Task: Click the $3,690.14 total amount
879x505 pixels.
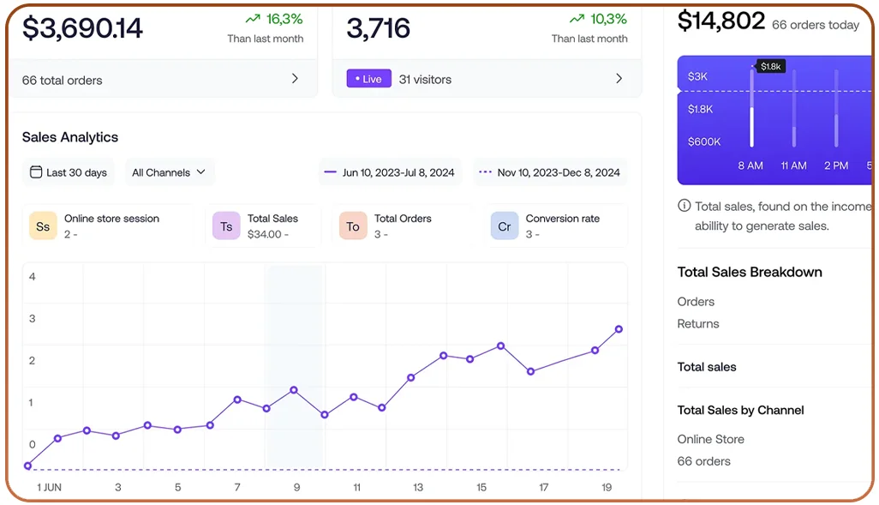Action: [82, 28]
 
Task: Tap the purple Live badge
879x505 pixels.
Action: [368, 79]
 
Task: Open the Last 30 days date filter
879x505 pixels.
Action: [69, 172]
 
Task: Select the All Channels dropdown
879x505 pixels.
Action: [169, 172]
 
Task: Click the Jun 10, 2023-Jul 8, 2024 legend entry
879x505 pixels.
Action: [389, 172]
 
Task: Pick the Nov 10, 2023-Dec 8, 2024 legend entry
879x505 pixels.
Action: [549, 172]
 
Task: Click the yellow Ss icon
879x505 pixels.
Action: [43, 226]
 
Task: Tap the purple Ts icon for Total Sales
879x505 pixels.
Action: [226, 226]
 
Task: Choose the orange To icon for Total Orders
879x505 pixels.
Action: [353, 226]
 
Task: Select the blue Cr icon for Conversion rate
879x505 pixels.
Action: [505, 226]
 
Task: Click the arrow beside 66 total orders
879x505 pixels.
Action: [295, 79]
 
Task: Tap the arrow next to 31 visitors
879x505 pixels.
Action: [619, 79]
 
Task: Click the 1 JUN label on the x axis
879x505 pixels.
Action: [50, 487]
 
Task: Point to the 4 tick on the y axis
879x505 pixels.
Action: [33, 276]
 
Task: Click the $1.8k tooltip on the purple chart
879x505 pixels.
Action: [770, 66]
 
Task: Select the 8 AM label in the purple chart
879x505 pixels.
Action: [750, 165]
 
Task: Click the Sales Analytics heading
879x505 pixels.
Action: [70, 137]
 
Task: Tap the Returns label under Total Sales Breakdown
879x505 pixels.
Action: [698, 323]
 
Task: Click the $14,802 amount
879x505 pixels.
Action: [721, 21]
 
